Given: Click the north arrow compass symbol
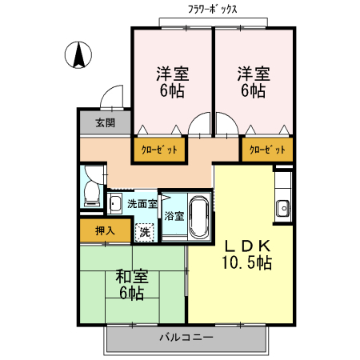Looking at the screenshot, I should pos(79,54).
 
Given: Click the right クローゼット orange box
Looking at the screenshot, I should pos(266,150).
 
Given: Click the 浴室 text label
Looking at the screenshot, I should pos(174,215).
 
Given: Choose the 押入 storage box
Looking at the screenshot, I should pos(105,230).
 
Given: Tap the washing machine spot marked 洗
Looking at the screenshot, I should pos(144,232).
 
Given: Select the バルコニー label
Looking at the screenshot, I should pos(186,338).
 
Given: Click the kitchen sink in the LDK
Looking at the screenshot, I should pos(283,209).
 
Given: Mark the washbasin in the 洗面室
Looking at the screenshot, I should pos(115,204).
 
